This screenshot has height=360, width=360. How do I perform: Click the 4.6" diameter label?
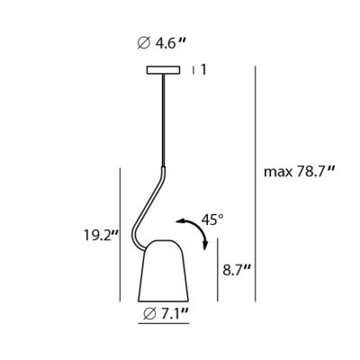click(x=160, y=44)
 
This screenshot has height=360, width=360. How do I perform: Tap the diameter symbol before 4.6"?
click(x=144, y=44)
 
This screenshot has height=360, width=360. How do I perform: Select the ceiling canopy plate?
click(x=164, y=70)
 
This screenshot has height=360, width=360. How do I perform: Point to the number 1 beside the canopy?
click(x=203, y=70)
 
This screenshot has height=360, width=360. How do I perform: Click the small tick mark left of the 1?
click(x=193, y=70)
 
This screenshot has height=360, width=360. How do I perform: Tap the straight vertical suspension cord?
click(x=164, y=120)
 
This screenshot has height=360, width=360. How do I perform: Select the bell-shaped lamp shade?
click(x=163, y=271)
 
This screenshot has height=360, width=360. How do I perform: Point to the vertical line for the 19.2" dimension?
click(x=120, y=235)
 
